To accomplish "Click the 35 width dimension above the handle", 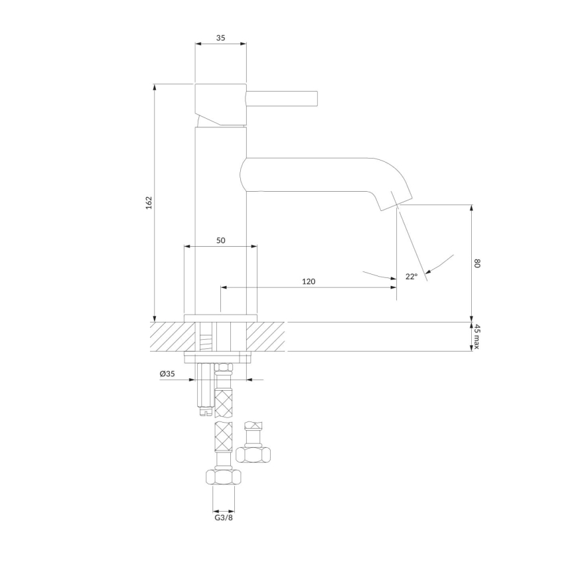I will (x=220, y=38).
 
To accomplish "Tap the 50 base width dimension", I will (x=220, y=240).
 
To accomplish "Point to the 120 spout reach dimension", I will (x=308, y=281).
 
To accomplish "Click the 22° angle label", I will (x=411, y=277).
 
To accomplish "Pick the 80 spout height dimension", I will (x=476, y=263).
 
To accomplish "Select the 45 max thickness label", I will (x=476, y=336).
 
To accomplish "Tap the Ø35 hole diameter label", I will (x=167, y=374).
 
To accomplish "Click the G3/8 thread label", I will (x=223, y=518).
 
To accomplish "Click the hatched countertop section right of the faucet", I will (x=269, y=336).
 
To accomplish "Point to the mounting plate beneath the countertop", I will (x=219, y=358).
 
